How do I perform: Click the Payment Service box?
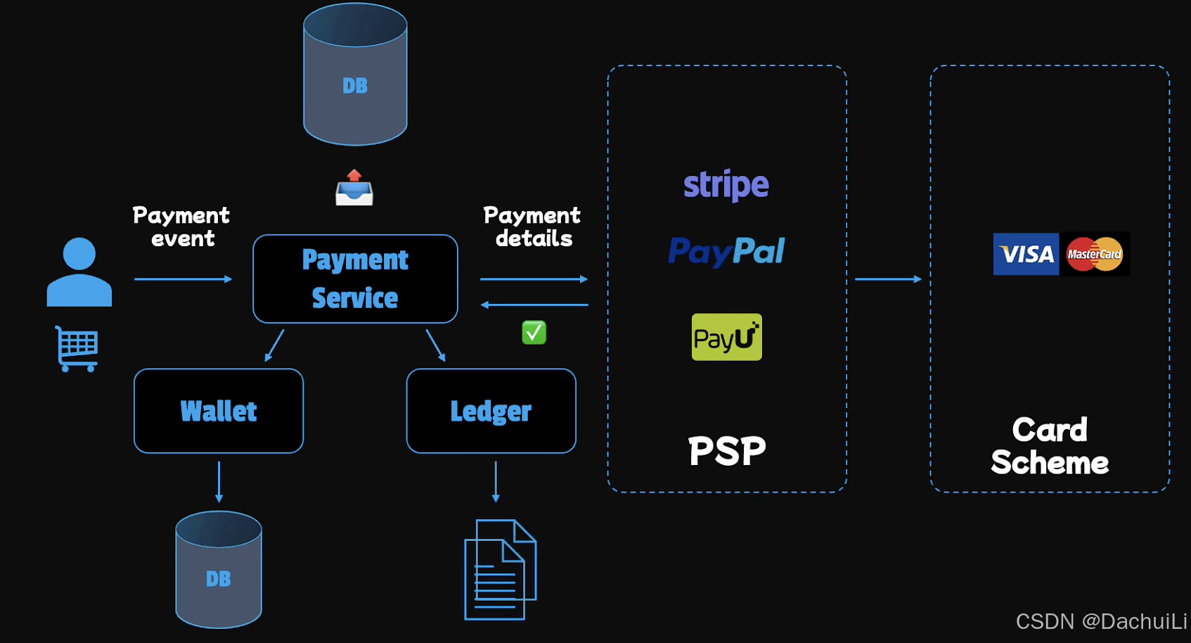tap(355, 279)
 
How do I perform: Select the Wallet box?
tap(219, 411)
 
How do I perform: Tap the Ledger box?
tap(491, 411)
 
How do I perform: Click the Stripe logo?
tap(726, 185)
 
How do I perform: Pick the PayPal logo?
tap(726, 251)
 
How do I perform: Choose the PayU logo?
tap(726, 337)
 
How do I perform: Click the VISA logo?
tap(1026, 254)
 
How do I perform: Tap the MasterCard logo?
tap(1094, 254)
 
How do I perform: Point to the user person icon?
tap(79, 272)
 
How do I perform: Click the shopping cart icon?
tap(77, 348)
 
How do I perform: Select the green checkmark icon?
tap(534, 332)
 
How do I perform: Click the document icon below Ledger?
tap(500, 570)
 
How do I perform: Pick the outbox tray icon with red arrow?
tap(354, 188)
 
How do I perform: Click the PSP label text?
tap(726, 451)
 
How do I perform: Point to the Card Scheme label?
tap(1050, 446)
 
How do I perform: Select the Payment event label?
tap(181, 227)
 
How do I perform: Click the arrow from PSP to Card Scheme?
tap(888, 279)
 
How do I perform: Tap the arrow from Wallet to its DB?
tap(219, 482)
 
